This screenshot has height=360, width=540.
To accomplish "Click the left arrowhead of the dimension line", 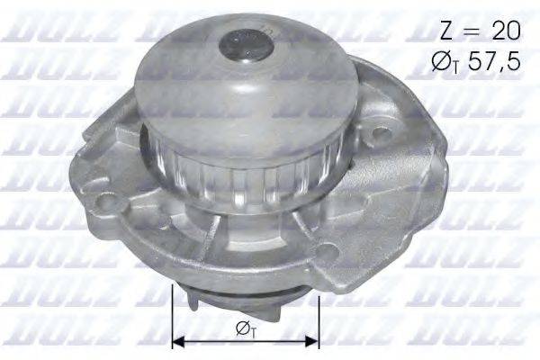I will click(x=177, y=341).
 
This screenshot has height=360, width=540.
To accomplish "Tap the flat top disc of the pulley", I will click(x=225, y=81).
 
